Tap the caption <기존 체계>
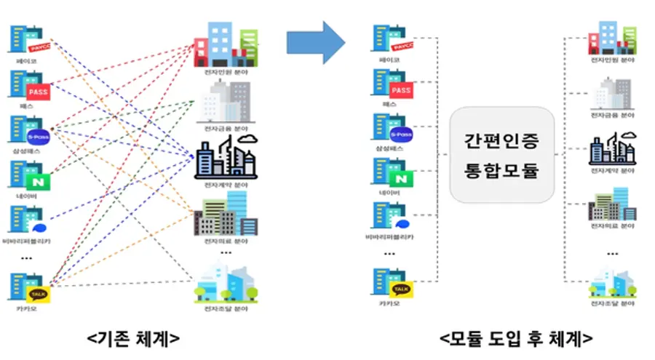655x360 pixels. point(134,339)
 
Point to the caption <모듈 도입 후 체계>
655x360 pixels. point(516,339)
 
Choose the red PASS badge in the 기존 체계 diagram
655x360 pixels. point(37,92)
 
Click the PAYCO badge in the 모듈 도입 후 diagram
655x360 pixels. point(401,46)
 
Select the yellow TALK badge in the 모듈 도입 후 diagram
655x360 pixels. point(402,289)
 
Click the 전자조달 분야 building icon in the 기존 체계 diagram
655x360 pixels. point(226,283)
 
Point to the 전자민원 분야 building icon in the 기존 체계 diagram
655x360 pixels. point(226,43)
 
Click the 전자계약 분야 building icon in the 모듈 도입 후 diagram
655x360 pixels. point(612,149)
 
